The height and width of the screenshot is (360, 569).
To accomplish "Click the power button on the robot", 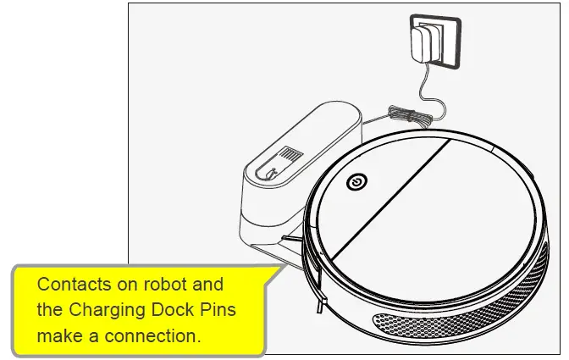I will click(x=356, y=181).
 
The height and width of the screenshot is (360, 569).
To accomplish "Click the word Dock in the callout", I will click(x=174, y=309).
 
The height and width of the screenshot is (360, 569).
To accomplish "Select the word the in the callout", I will click(x=49, y=309).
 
